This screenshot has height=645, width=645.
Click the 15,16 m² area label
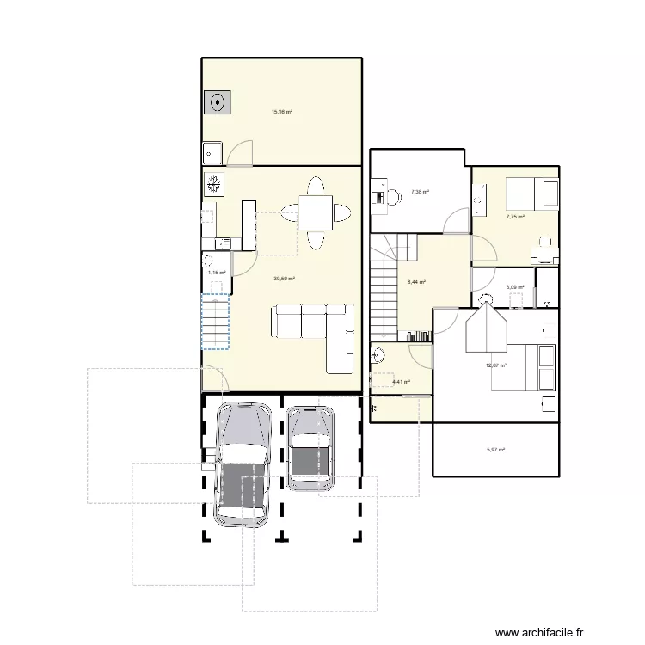pos(282,112)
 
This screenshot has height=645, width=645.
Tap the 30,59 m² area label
pos(285,279)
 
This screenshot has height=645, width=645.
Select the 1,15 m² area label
pos(217,273)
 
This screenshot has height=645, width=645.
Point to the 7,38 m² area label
pos(421,192)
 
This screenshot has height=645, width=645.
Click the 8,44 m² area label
pos(416,282)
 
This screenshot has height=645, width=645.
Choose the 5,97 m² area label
pos(495,450)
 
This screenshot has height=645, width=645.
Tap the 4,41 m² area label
pos(402,382)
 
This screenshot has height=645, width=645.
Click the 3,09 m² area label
pos(515,287)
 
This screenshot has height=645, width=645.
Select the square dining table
pos(316,212)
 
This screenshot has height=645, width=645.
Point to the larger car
pos(243,464)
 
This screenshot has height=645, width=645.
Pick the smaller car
pos(310,448)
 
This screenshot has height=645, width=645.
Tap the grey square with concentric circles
pos(218,102)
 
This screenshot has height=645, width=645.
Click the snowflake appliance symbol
pos(213,184)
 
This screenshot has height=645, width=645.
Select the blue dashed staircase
pos(215,322)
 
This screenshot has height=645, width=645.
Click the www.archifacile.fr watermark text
pos(539,632)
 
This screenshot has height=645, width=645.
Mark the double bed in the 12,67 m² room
pos(523,367)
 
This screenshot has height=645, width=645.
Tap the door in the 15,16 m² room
pos(240,153)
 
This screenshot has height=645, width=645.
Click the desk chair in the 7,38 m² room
pos(394,197)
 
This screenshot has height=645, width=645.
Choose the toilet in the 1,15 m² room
pos(208,260)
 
